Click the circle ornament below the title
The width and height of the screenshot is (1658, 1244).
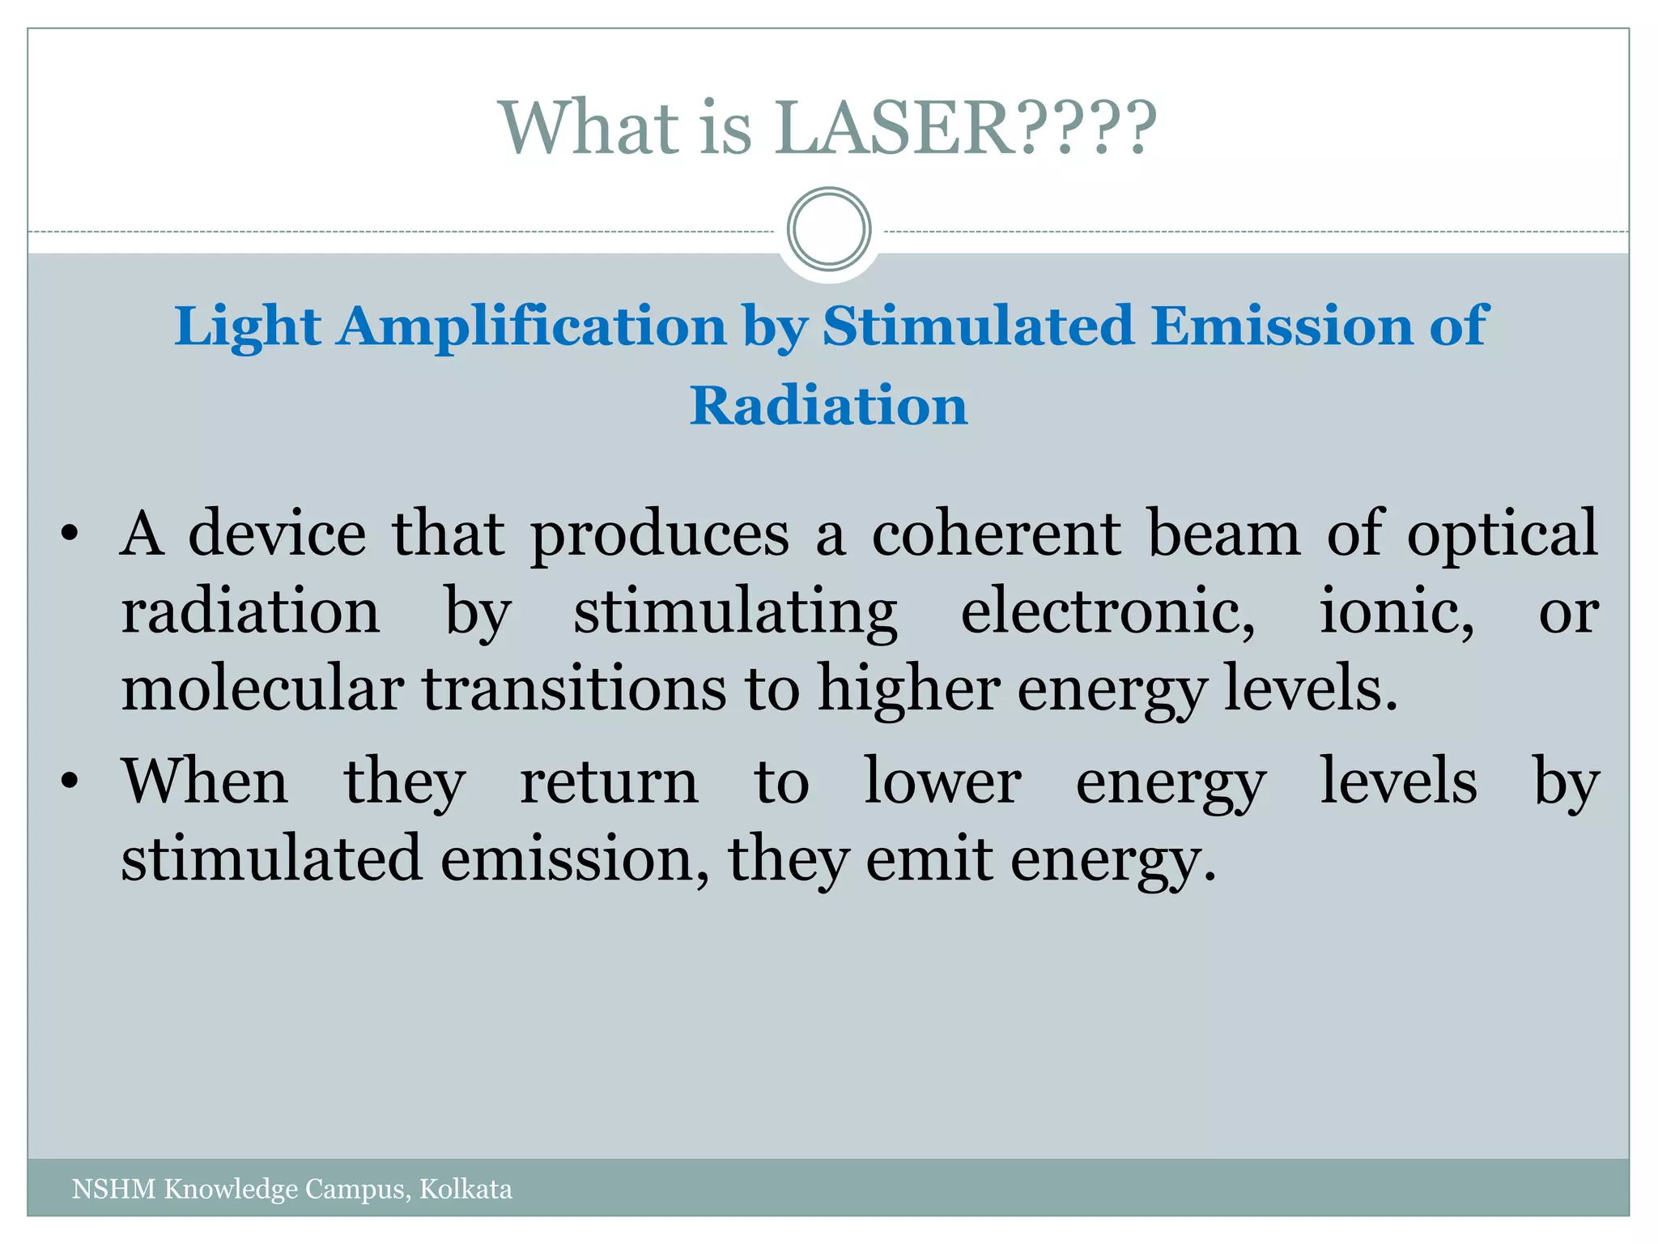point(829,229)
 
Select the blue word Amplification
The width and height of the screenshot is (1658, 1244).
point(533,327)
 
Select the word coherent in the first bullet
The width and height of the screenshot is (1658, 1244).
point(996,535)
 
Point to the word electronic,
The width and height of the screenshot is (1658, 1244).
point(1107,612)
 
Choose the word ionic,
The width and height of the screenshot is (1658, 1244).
point(1397,612)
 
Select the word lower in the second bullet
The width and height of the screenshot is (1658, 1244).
point(942,782)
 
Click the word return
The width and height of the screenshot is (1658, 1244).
point(609,782)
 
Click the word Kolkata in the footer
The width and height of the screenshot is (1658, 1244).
point(466,1189)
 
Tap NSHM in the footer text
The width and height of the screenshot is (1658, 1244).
point(113,1189)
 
